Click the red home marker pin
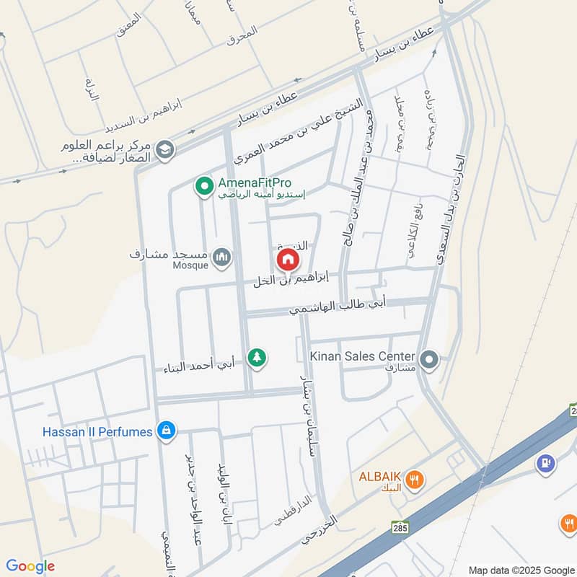coord(287,259)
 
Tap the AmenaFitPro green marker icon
coord(204,187)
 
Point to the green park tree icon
coord(257,356)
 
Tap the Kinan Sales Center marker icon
coord(430,358)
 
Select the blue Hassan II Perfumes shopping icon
coord(167,431)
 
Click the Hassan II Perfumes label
coord(97,431)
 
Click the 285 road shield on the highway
coord(400,527)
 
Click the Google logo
coord(30,566)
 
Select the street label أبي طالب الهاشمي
coord(338,307)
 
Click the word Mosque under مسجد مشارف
coord(190,265)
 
